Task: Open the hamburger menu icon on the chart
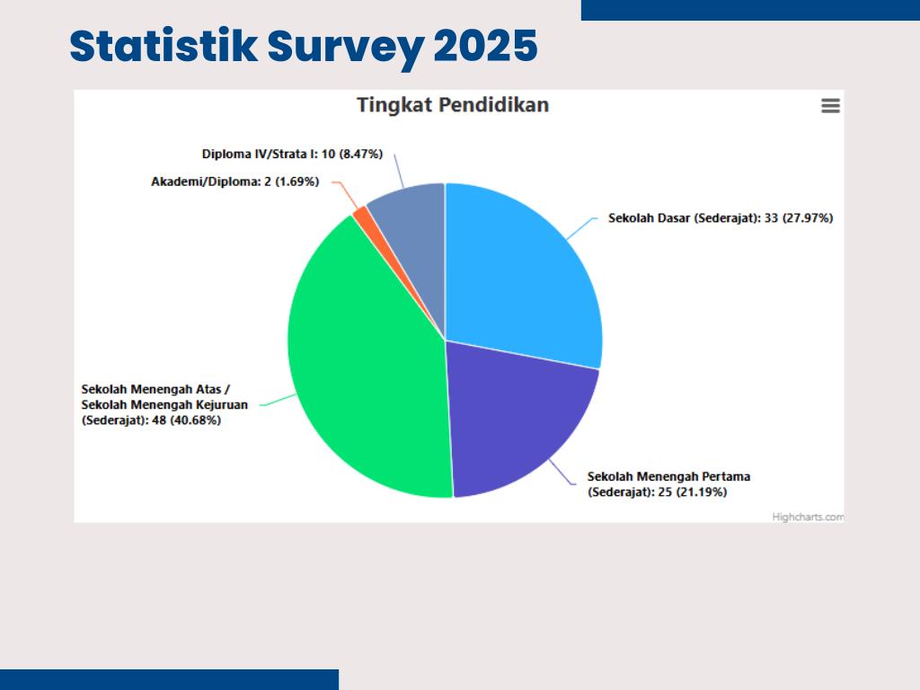[830, 106]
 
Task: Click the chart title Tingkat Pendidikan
[453, 105]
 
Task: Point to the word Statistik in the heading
[164, 46]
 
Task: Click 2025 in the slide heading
[485, 46]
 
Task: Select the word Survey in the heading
[346, 49]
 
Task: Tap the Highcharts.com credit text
[808, 517]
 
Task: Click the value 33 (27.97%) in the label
[799, 218]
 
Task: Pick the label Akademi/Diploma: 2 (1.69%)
[235, 181]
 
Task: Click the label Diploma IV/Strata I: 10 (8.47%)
[292, 155]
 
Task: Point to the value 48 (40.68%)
[187, 420]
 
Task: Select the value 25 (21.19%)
[693, 492]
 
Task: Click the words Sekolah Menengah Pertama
[668, 476]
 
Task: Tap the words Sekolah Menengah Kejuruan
[164, 405]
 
